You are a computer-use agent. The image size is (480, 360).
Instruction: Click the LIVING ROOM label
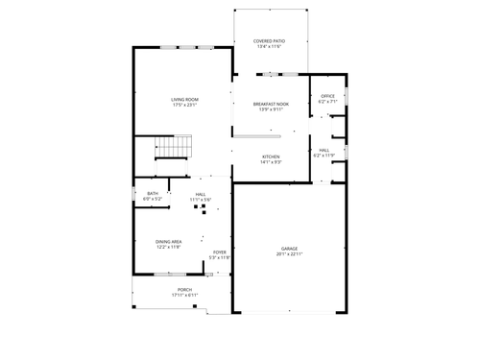(184, 99)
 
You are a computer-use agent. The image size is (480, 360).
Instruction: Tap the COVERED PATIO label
(269, 40)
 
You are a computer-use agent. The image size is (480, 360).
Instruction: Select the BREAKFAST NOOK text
(270, 103)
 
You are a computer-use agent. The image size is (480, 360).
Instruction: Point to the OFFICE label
(327, 95)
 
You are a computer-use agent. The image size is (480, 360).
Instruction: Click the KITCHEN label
(270, 156)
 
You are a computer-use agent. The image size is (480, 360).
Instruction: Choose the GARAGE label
(289, 248)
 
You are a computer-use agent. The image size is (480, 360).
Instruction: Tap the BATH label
(153, 194)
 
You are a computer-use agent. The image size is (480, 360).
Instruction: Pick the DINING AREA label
(169, 241)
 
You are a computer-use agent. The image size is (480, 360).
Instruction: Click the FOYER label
(220, 252)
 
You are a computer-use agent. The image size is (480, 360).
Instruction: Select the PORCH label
(184, 289)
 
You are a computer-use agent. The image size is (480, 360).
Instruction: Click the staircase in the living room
(175, 147)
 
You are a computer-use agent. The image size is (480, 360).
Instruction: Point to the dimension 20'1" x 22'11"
(289, 253)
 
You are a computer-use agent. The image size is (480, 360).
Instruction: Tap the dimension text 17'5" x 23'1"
(184, 105)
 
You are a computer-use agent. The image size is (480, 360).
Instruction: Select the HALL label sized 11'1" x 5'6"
(201, 194)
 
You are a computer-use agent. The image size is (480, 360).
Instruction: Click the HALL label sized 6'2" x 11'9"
(324, 150)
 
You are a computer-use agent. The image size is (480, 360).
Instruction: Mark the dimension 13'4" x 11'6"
(269, 46)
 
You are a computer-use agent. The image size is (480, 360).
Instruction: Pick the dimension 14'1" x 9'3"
(270, 162)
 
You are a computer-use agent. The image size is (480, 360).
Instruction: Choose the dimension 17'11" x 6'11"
(184, 295)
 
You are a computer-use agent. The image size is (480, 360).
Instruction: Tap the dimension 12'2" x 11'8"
(169, 247)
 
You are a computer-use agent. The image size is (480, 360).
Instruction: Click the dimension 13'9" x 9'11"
(270, 108)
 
